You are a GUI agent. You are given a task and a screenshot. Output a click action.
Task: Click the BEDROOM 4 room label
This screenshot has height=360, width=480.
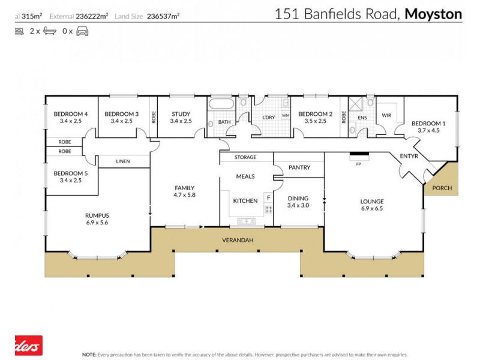(71, 114)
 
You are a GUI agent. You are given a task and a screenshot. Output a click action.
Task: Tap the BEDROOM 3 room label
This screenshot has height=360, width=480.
(122, 114)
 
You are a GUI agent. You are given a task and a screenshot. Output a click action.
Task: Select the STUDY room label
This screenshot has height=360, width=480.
(181, 114)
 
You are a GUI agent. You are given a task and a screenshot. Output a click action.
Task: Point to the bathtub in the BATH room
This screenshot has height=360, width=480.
(222, 104)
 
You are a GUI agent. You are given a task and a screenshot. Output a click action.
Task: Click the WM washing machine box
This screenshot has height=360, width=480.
(285, 115)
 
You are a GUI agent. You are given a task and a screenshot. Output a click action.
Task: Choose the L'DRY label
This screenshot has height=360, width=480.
(268, 118)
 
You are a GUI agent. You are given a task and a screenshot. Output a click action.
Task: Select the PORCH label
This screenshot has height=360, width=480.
(442, 188)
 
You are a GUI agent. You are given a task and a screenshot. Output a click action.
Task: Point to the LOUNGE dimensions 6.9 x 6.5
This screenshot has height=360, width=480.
(371, 209)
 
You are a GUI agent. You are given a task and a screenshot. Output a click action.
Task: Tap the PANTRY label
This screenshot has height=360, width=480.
(299, 167)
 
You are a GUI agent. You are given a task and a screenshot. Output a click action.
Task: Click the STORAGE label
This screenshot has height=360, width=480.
(245, 157)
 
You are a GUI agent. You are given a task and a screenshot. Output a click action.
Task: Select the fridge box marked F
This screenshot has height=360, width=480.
(268, 197)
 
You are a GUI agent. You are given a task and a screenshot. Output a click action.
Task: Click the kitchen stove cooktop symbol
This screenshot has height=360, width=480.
(268, 209)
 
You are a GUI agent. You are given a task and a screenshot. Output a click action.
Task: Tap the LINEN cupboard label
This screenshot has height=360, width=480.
(123, 161)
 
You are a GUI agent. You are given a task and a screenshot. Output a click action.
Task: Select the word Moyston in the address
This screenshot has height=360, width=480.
(434, 14)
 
